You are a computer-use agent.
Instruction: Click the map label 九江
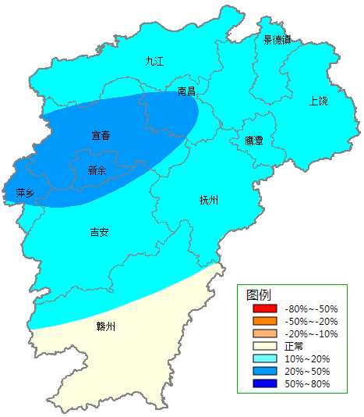154,61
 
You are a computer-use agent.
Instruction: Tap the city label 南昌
186,91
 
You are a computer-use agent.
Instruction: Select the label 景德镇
277,40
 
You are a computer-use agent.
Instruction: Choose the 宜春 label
101,136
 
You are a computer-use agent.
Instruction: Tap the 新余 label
97,169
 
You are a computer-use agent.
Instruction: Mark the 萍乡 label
25,193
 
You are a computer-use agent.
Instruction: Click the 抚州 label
209,200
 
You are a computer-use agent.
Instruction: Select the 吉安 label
99,232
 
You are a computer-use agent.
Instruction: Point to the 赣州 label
105,326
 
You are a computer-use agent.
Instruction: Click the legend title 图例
259,295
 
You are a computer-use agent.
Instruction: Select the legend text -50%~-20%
310,322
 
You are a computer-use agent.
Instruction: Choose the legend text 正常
294,347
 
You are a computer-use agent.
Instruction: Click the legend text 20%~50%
307,372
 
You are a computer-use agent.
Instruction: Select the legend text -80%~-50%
310,309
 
